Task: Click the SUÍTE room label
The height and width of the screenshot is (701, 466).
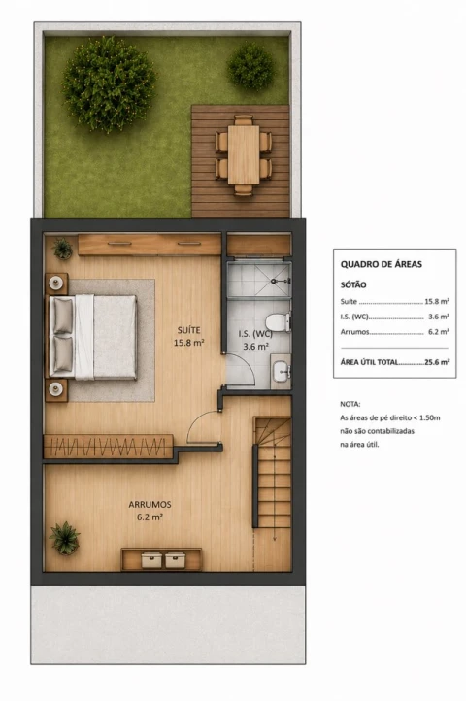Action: pos(188,330)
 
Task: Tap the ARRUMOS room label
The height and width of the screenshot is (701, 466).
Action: pos(150,504)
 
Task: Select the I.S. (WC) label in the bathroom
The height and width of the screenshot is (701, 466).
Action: pos(255,334)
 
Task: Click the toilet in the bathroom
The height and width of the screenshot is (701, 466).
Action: pos(278,322)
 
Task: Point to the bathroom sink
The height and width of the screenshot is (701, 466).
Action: pos(282,371)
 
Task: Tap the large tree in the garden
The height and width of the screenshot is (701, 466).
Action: pos(110,84)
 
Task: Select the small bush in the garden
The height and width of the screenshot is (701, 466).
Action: pos(250,66)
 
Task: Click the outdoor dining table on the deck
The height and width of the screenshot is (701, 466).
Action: pos(244,154)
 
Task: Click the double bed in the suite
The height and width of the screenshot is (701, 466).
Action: pos(92,337)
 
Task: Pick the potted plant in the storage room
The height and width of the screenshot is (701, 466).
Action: pos(65,538)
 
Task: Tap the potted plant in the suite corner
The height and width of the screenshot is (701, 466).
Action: pos(62,249)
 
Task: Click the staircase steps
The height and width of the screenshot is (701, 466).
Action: pos(273,473)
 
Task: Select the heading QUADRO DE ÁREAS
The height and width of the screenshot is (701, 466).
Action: pos(381,264)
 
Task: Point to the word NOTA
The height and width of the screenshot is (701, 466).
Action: pos(350,404)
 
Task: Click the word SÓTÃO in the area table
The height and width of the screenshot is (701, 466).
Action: pos(353,284)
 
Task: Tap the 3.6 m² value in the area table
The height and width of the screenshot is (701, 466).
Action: pos(438,317)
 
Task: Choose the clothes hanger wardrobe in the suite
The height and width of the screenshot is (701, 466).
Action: pos(108,447)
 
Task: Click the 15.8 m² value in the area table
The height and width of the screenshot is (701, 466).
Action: pos(437,301)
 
